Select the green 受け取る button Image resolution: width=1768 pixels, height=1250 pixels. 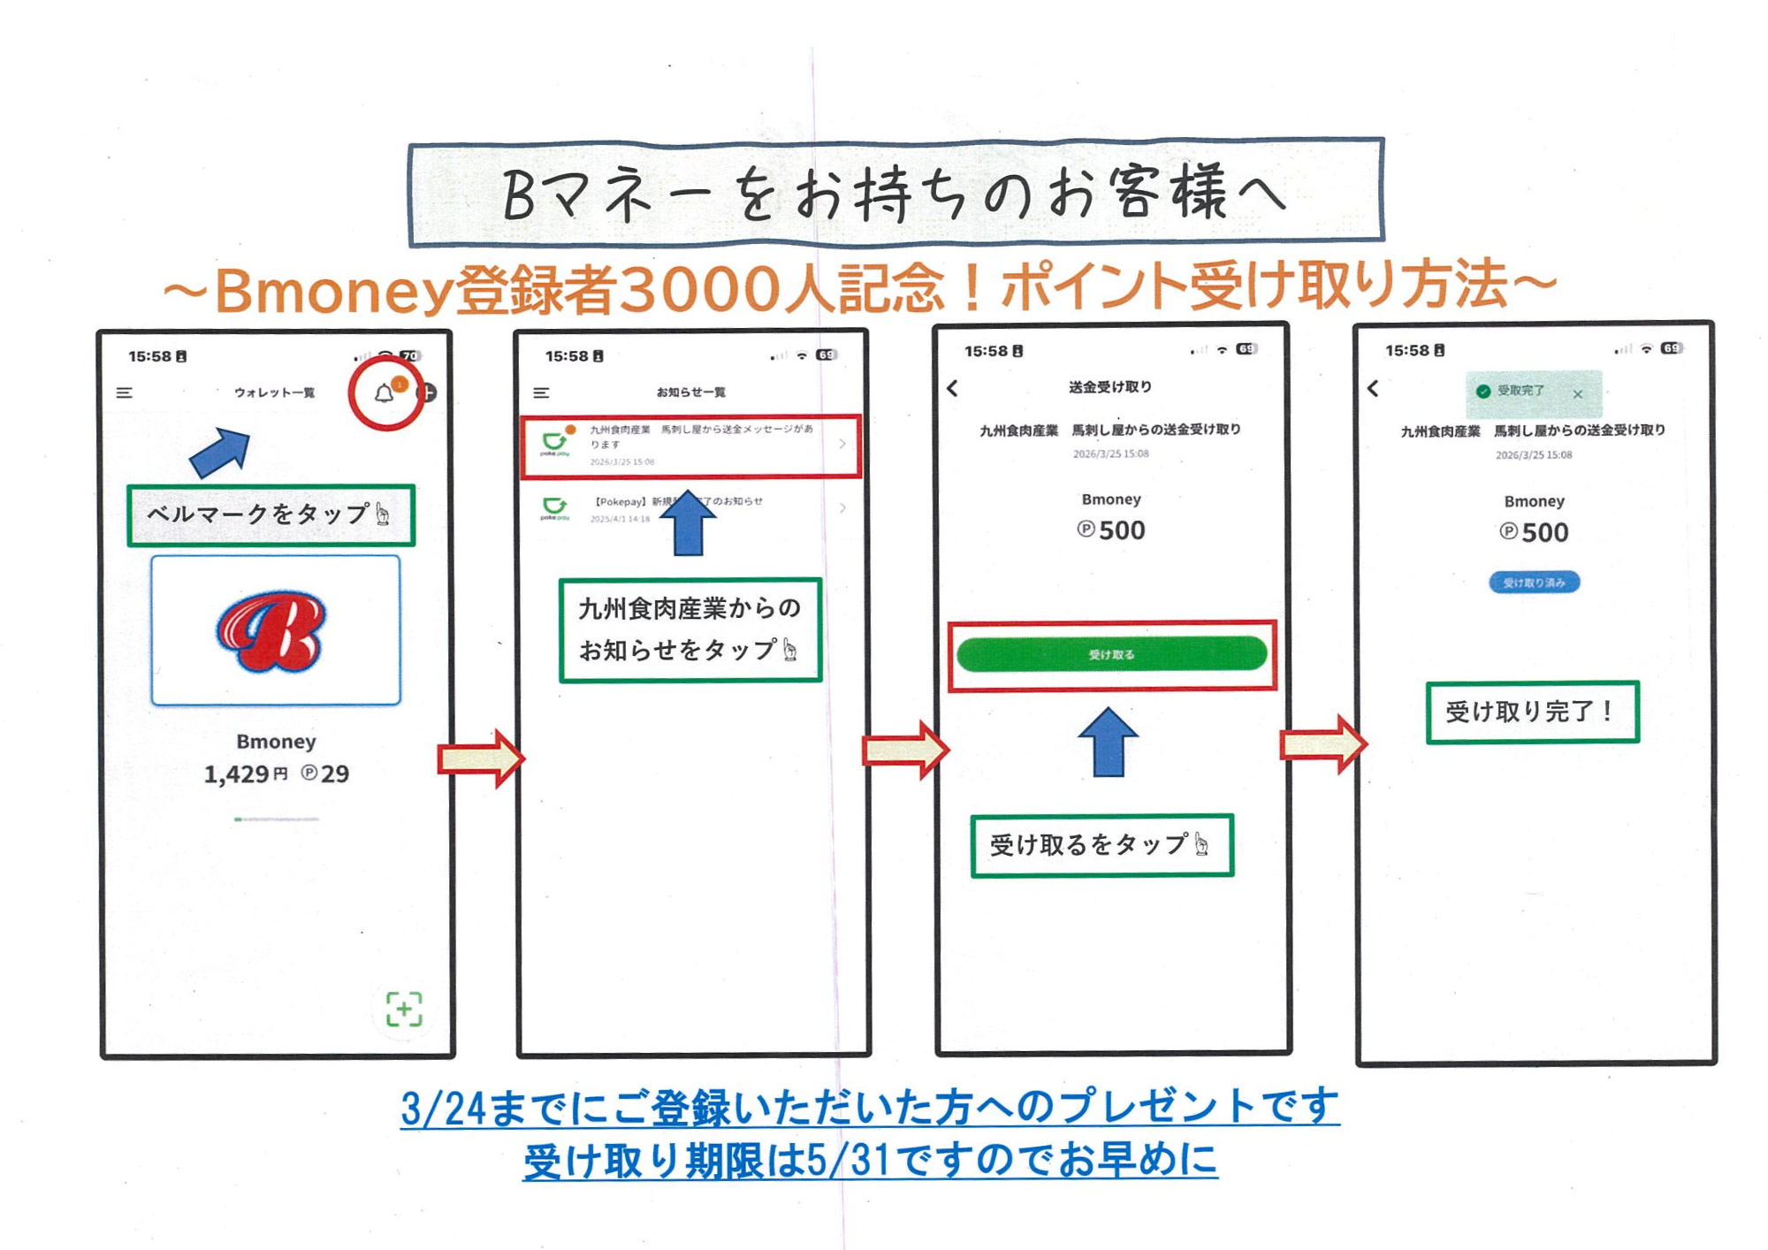1111,654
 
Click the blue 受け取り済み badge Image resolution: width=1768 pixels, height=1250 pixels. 1534,583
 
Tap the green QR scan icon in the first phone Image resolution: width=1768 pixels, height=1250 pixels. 404,1009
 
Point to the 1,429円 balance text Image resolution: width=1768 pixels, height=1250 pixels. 245,774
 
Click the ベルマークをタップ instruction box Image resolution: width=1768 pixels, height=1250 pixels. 271,514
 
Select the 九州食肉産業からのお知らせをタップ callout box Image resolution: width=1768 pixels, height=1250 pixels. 690,629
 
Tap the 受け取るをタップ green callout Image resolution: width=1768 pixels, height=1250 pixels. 1101,845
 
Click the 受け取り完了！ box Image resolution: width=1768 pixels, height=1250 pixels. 1532,712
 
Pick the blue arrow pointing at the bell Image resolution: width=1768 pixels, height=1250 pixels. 220,452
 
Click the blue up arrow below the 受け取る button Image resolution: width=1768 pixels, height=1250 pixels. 1108,743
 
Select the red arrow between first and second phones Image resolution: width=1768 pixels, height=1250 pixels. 481,758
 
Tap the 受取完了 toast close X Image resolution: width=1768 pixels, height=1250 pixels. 1578,394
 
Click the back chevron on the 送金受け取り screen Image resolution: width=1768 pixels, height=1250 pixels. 952,388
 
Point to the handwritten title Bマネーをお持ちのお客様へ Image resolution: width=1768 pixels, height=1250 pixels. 895,194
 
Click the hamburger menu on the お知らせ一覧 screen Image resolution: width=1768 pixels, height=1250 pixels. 541,393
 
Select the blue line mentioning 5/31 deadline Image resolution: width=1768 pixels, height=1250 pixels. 870,1161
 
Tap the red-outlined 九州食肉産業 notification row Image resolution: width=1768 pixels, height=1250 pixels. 690,446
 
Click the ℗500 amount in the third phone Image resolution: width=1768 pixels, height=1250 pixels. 1111,530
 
